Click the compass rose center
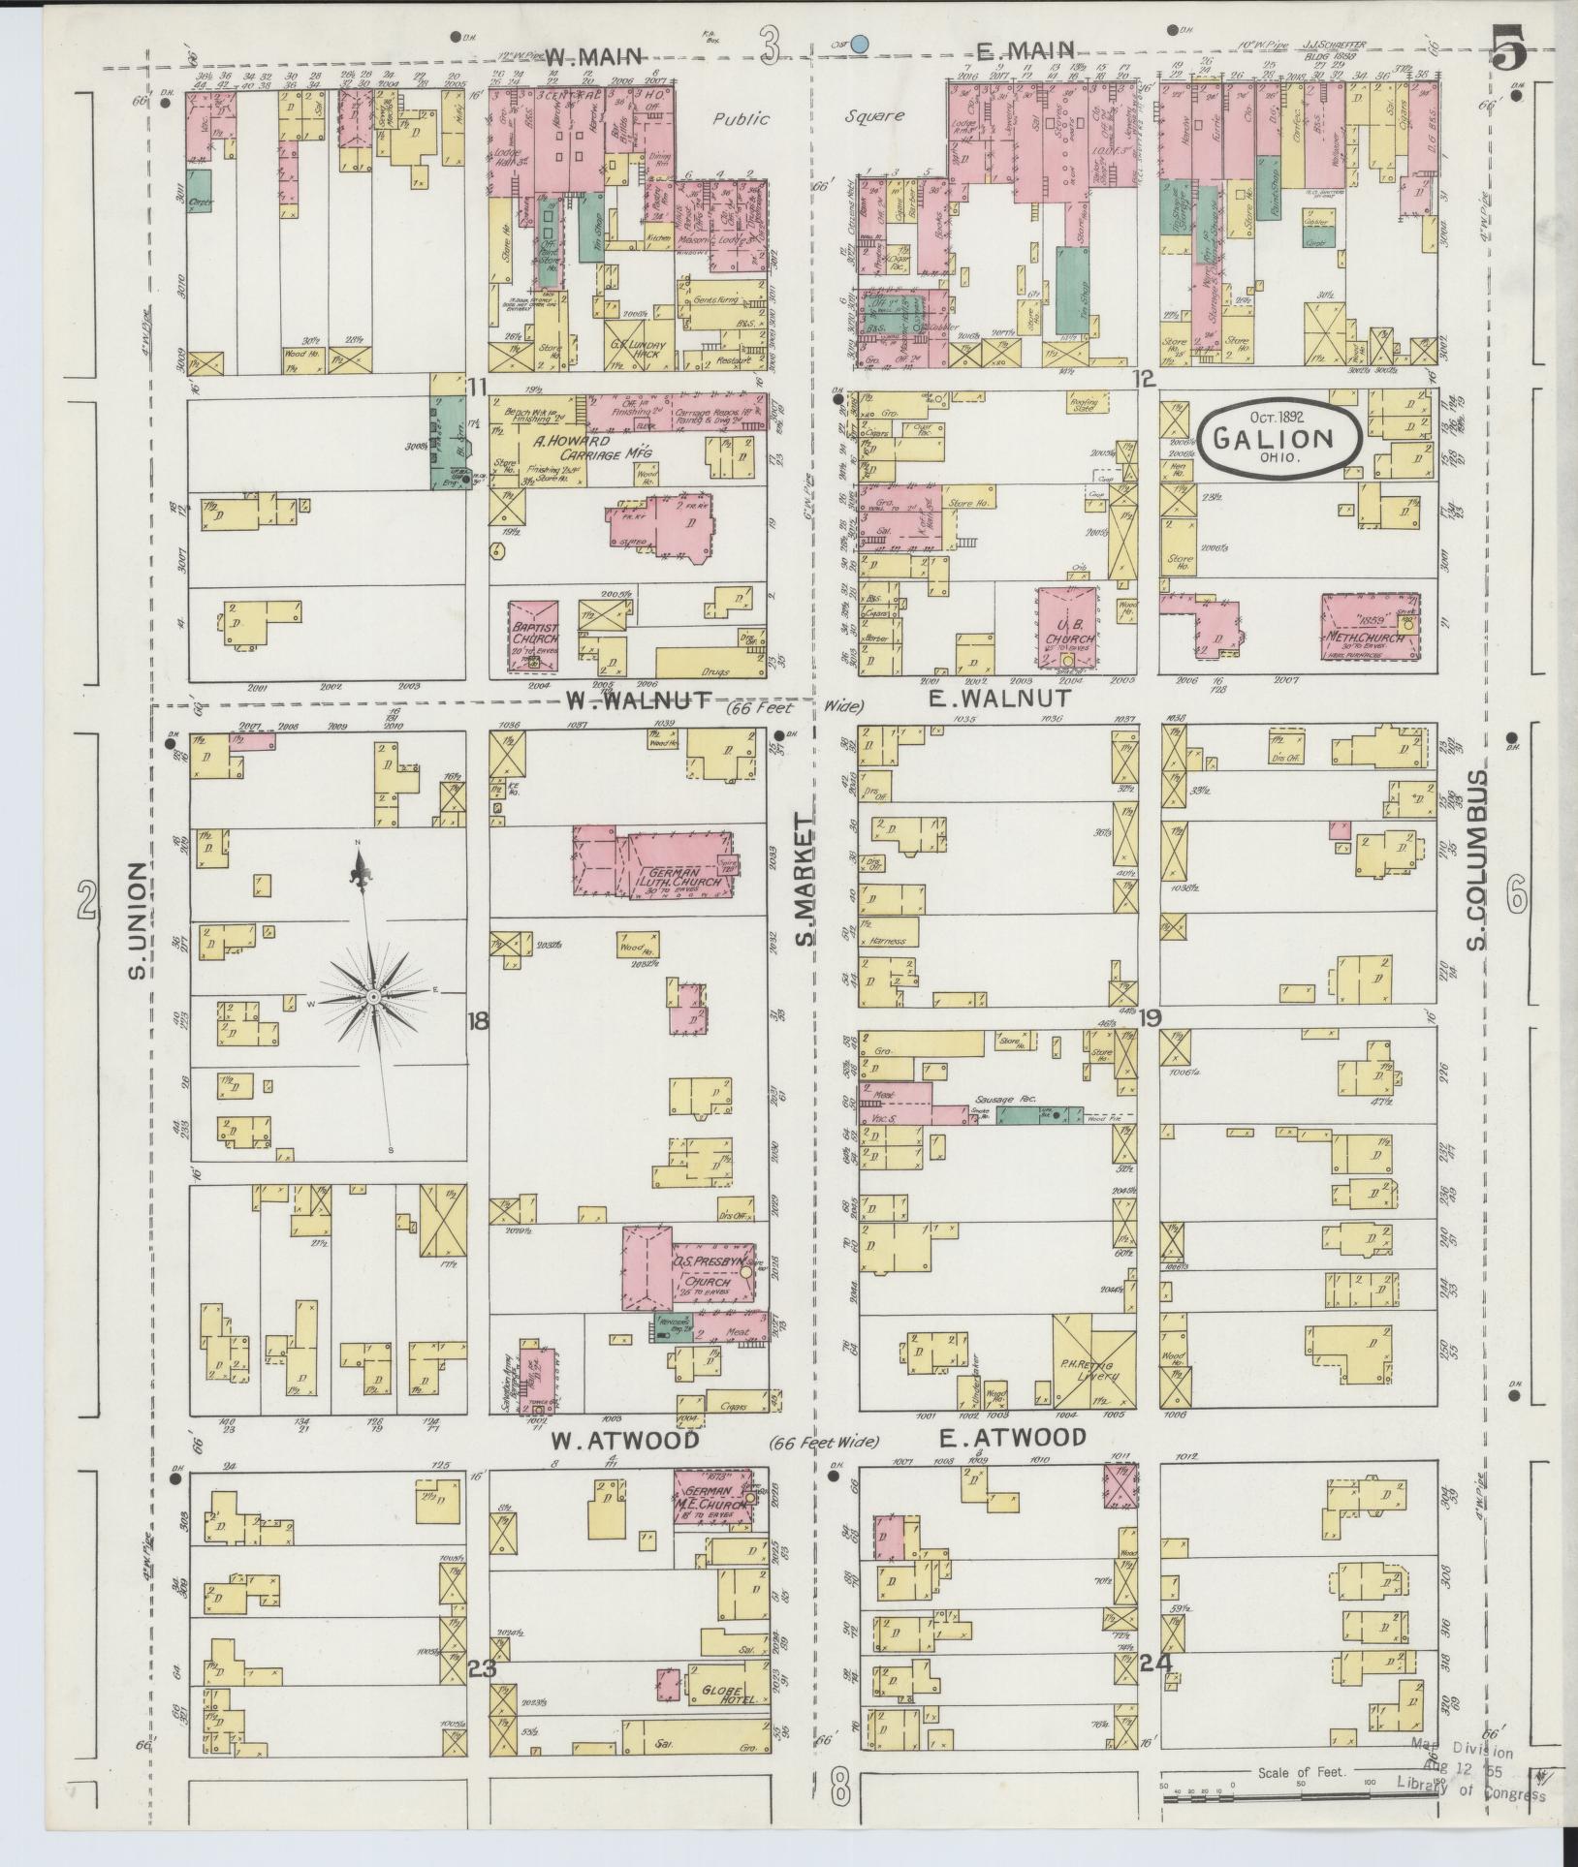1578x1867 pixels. point(373,996)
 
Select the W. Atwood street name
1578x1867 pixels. point(624,1467)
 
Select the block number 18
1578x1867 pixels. point(477,1020)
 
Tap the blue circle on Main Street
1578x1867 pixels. point(859,43)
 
